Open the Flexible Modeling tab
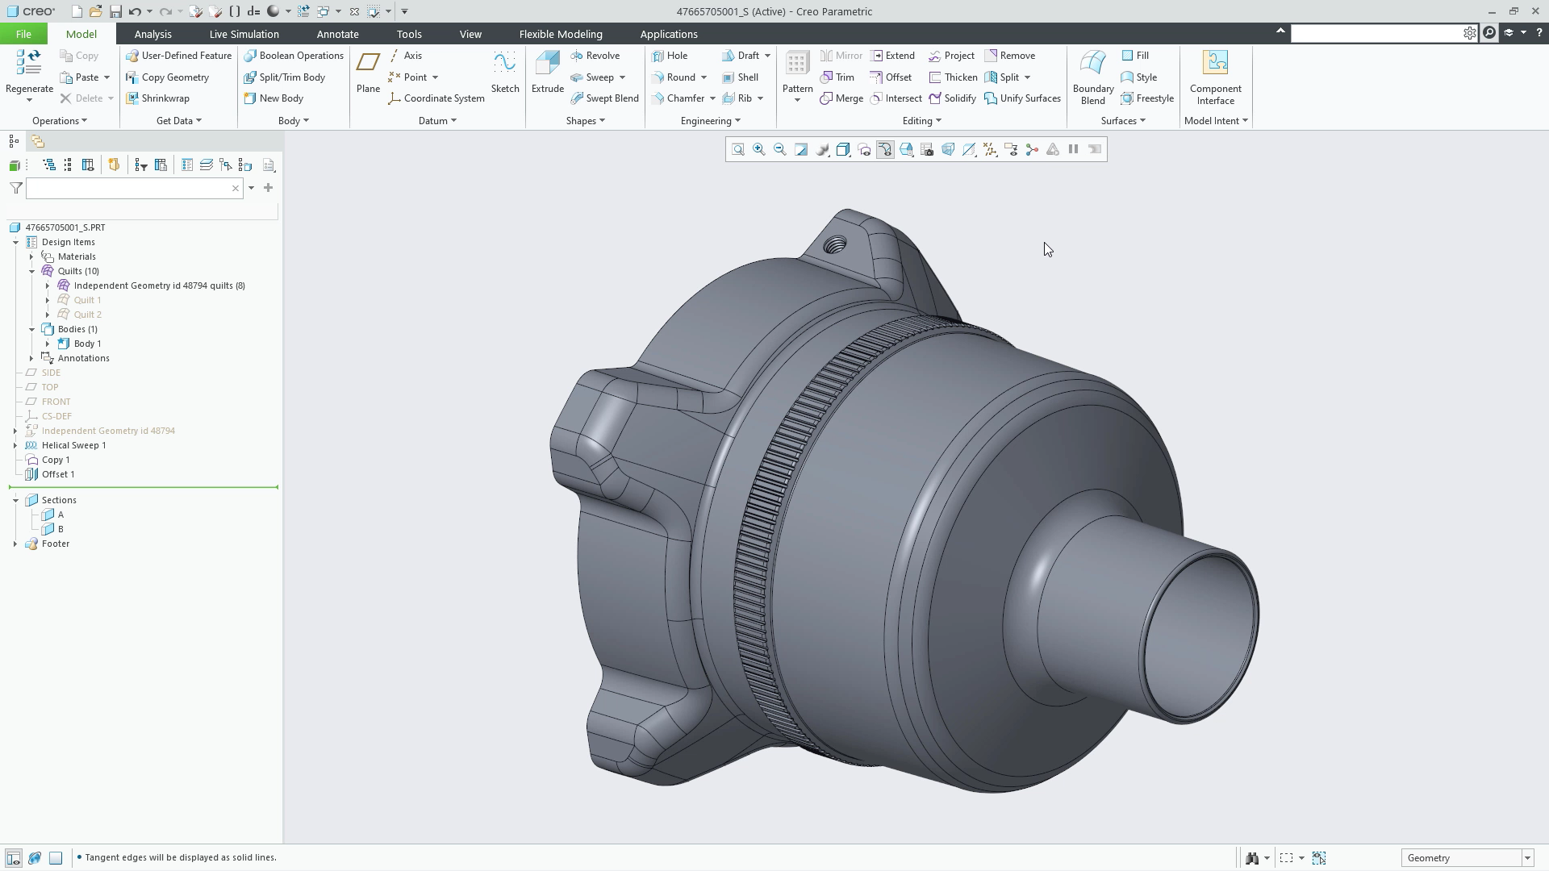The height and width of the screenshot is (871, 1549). pyautogui.click(x=561, y=34)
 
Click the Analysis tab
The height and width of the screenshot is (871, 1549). pyautogui.click(x=152, y=34)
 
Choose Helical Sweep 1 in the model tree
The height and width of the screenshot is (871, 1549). pyautogui.click(x=73, y=445)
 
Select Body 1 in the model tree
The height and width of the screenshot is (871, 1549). pyautogui.click(x=87, y=344)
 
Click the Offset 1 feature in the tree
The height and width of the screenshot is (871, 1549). pyautogui.click(x=58, y=474)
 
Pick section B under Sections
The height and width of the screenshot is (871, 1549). pyautogui.click(x=61, y=529)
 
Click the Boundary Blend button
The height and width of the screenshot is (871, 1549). pyautogui.click(x=1092, y=77)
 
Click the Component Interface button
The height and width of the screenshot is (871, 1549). pyautogui.click(x=1215, y=77)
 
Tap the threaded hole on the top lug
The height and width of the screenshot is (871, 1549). pyautogui.click(x=837, y=244)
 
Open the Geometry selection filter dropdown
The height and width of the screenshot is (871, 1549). pyautogui.click(x=1527, y=858)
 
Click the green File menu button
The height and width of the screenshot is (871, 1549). pyautogui.click(x=23, y=34)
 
